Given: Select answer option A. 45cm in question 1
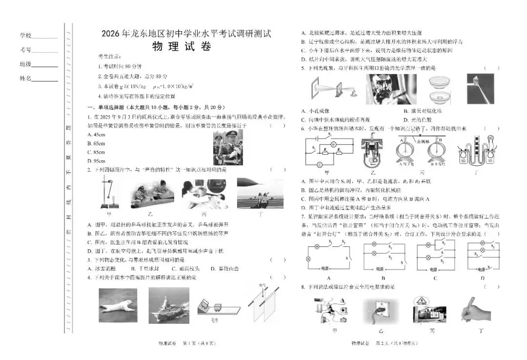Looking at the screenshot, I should tap(96, 134).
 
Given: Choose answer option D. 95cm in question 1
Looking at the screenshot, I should tap(96, 160).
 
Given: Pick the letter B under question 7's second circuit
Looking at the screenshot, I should tap(380, 278).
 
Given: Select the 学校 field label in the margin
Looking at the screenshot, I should tap(25, 36).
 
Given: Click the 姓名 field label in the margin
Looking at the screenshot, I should tap(25, 78).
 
